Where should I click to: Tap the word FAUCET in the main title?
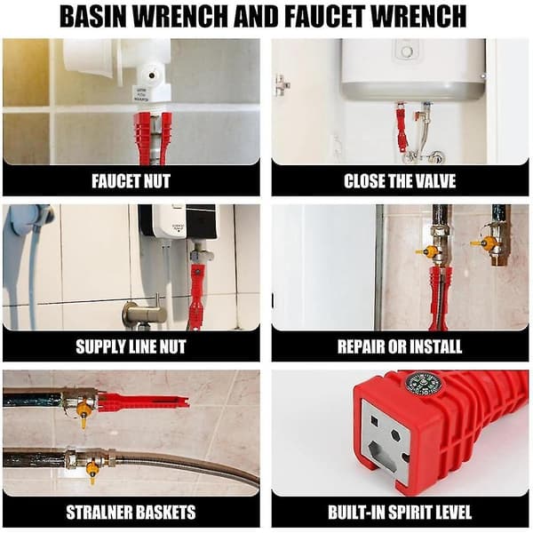click(325, 16)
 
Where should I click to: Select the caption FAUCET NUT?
click(131, 181)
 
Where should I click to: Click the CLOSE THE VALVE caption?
click(400, 181)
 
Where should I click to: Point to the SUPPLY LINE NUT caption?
click(131, 346)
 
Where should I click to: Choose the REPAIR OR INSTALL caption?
click(400, 346)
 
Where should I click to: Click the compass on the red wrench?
click(419, 383)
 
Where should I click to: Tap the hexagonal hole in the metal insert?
click(395, 436)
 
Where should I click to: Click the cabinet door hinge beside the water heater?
click(282, 85)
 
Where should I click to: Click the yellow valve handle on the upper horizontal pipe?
click(84, 413)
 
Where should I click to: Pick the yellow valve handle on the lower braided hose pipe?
click(91, 472)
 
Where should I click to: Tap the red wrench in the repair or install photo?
click(441, 298)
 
